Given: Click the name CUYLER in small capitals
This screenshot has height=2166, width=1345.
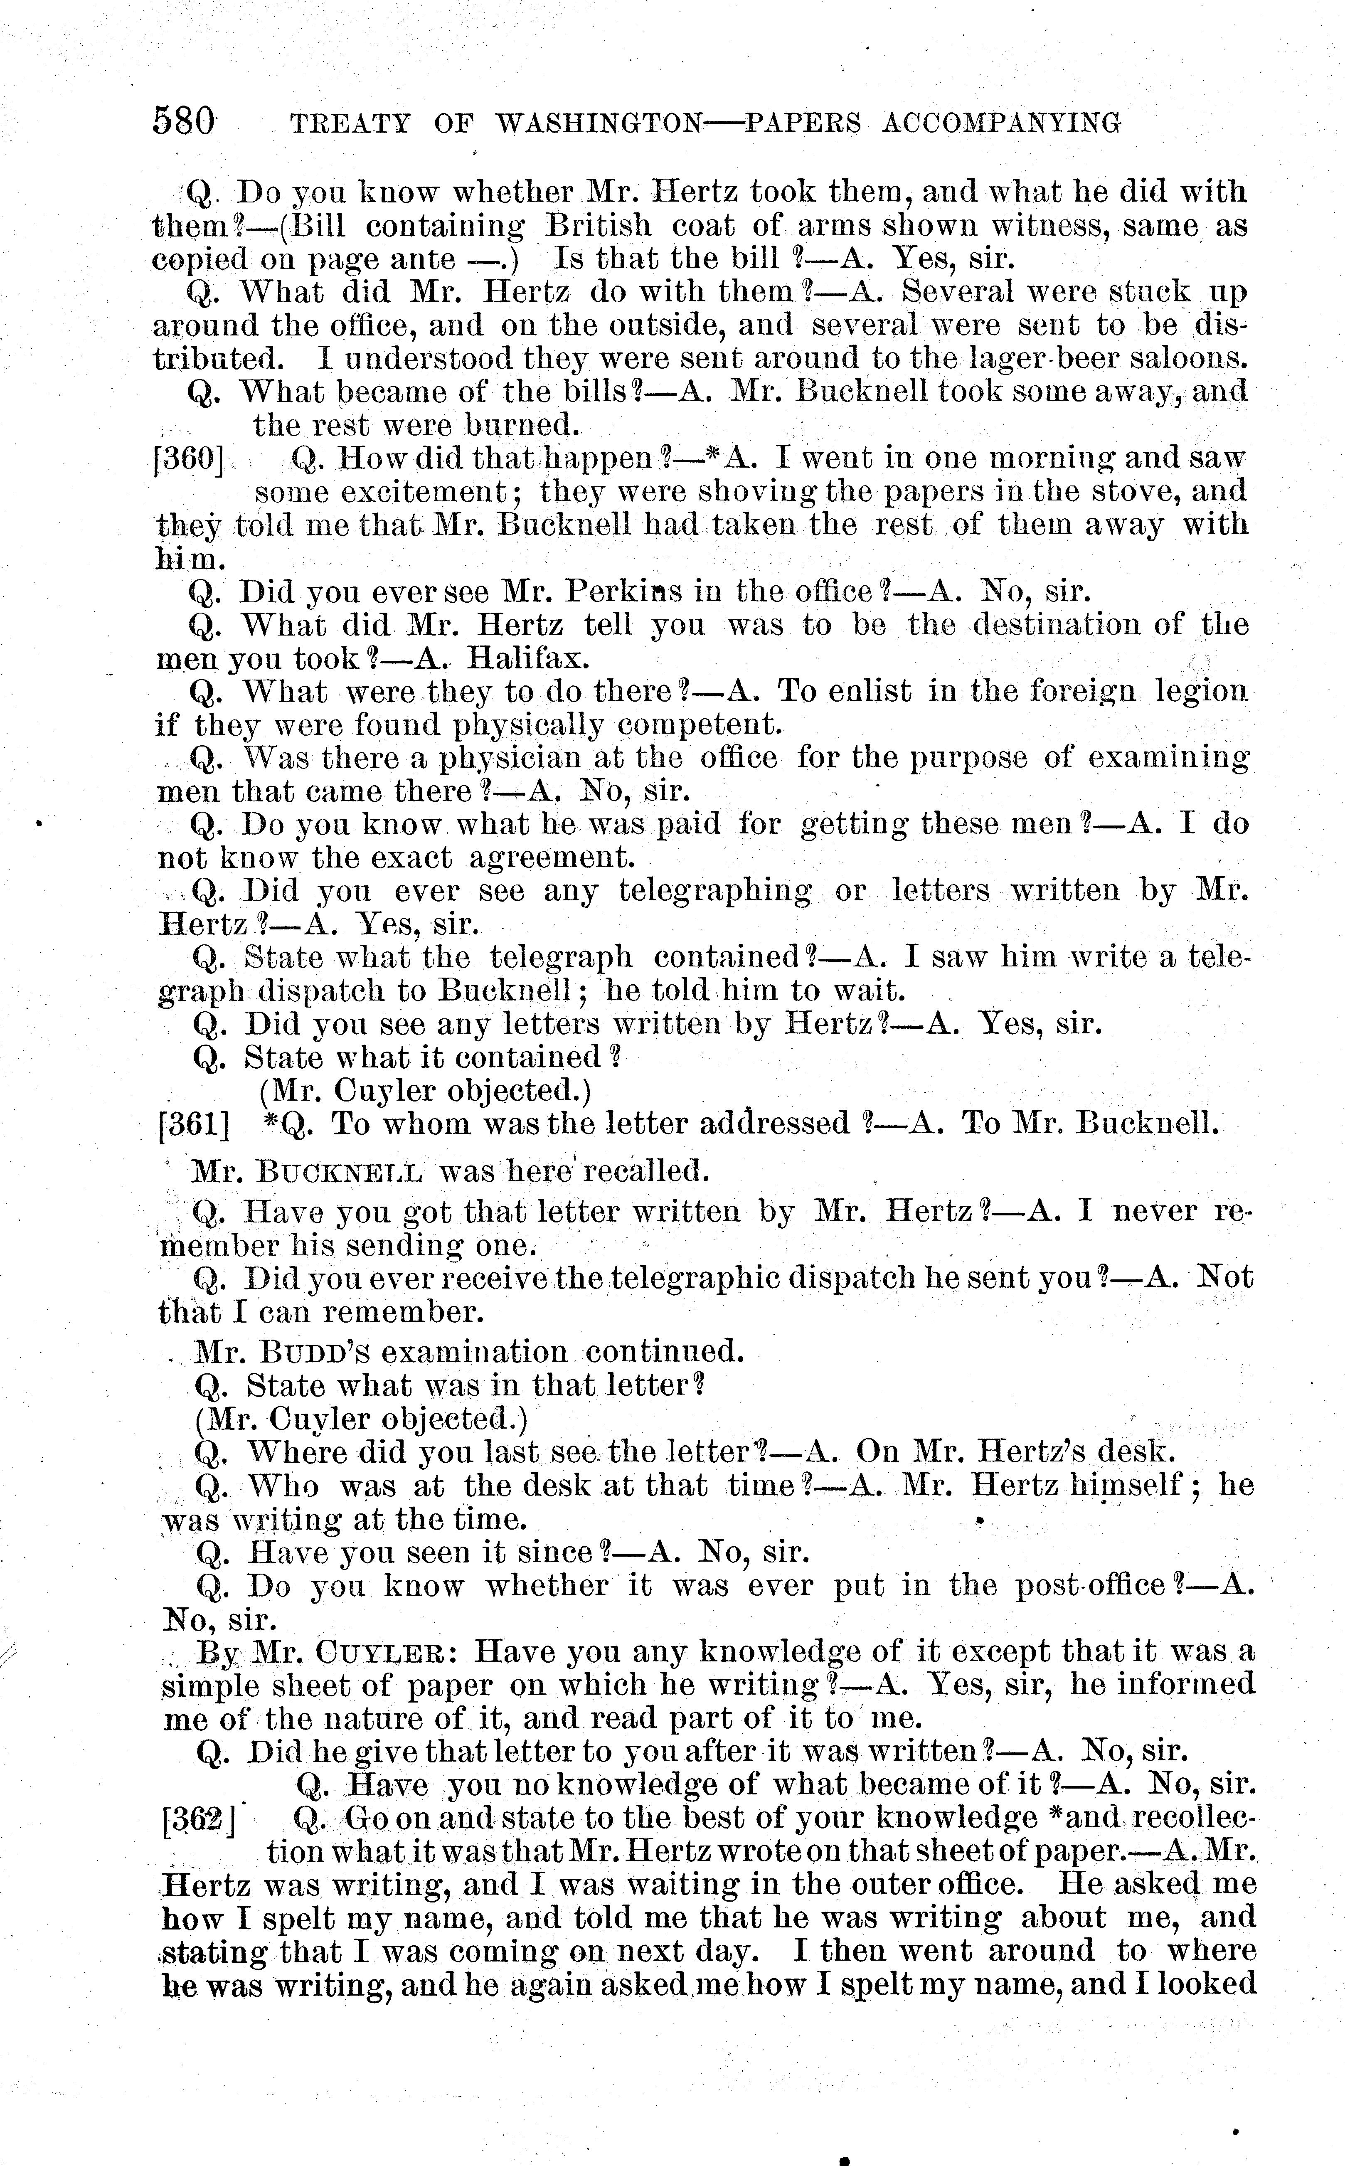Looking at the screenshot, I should pos(382,1653).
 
